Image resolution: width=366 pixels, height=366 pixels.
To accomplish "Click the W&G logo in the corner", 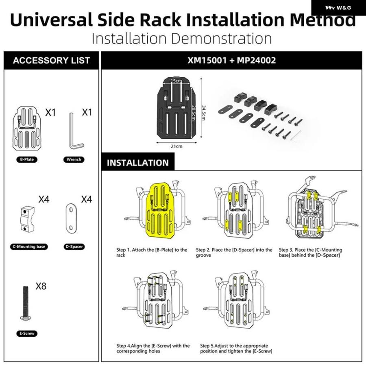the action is pyautogui.click(x=338, y=8).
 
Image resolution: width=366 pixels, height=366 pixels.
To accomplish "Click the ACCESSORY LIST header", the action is pyautogui.click(x=51, y=61).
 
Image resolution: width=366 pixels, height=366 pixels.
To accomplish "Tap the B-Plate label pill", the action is pyautogui.click(x=27, y=160).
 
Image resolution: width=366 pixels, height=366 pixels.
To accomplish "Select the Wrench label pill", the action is pyautogui.click(x=74, y=160).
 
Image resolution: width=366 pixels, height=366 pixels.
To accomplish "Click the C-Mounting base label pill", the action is pyautogui.click(x=29, y=247).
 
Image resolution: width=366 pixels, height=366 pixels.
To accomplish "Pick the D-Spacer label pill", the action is pyautogui.click(x=74, y=247).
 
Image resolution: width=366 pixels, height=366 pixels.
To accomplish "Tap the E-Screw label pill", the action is pyautogui.click(x=27, y=333).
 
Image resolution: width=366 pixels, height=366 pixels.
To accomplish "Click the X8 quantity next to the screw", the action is pyautogui.click(x=41, y=286).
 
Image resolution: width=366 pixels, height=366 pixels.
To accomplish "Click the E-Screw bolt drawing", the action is pyautogui.click(x=26, y=303).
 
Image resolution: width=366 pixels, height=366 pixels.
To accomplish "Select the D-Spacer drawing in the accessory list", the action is pyautogui.click(x=71, y=218).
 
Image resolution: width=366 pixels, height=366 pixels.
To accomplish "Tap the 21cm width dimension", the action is pyautogui.click(x=176, y=146).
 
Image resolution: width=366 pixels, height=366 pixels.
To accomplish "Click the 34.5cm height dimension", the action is pyautogui.click(x=203, y=113).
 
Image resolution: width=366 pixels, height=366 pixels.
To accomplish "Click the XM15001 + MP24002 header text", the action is pyautogui.click(x=231, y=61).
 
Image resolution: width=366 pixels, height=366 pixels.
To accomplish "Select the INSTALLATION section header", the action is pyautogui.click(x=138, y=163).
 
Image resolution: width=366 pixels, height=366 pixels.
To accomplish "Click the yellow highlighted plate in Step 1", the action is pyautogui.click(x=160, y=210).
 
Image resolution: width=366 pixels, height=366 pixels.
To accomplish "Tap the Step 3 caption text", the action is pyautogui.click(x=310, y=253).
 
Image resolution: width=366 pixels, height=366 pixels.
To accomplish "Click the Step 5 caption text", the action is pyautogui.click(x=236, y=348).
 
